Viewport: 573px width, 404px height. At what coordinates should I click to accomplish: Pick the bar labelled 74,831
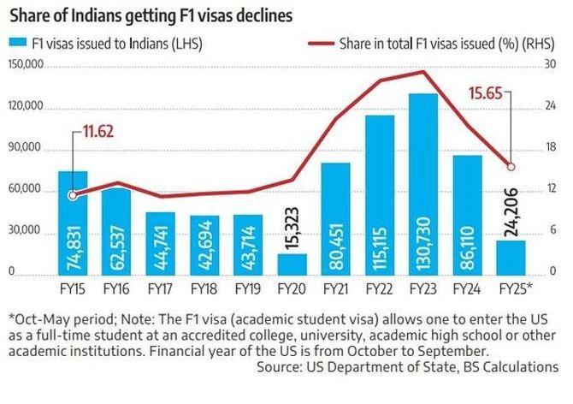pos(73,223)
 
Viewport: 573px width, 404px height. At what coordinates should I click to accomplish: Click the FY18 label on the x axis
pos(204,288)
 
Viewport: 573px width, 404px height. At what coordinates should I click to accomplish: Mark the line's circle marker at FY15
pos(73,194)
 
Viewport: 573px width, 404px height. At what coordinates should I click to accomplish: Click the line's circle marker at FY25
pos(511,166)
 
